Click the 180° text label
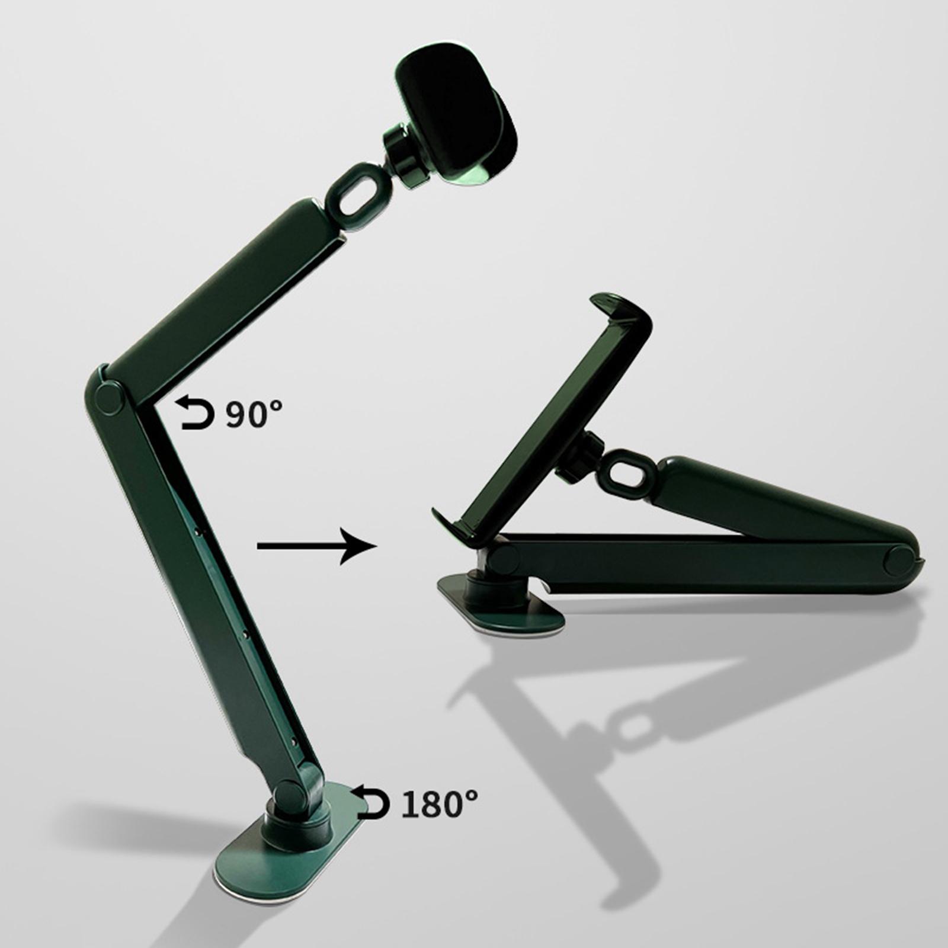click(x=439, y=804)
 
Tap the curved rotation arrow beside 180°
click(x=370, y=803)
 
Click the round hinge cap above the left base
click(x=290, y=793)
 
